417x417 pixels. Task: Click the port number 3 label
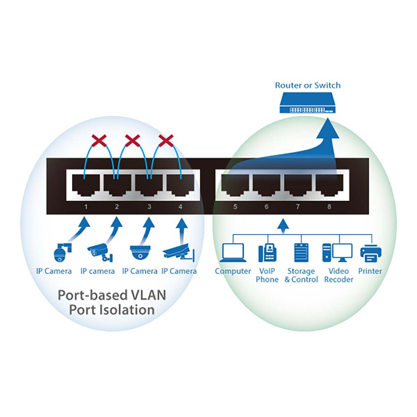point(149,207)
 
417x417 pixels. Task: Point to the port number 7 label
point(298,207)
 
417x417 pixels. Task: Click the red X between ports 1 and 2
point(99,141)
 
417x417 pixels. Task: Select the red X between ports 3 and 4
point(166,141)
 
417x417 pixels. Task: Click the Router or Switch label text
point(308,85)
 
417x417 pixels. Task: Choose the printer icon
point(370,253)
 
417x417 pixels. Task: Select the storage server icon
point(301,253)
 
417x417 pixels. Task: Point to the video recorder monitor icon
point(338,253)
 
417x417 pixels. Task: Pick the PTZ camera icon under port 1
point(62,252)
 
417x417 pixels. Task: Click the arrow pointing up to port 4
point(180,231)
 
